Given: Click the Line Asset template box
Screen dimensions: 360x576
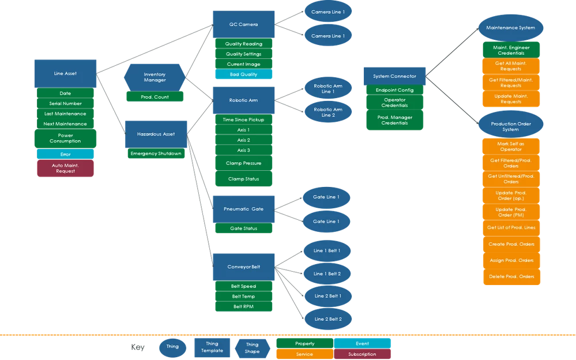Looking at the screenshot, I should click(65, 73).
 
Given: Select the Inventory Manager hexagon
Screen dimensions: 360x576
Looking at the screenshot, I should click(155, 77).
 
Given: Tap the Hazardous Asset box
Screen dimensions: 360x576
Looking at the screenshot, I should click(156, 134).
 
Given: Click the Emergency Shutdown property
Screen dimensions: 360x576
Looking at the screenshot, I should click(156, 153).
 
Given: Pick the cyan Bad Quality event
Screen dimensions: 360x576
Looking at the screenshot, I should click(244, 74).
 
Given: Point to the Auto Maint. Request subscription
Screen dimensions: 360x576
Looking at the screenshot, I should click(65, 168).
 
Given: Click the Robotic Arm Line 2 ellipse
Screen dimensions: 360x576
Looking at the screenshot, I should click(328, 112).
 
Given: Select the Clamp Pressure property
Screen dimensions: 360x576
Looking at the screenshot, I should click(244, 163).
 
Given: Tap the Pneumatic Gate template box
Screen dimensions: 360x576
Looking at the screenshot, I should click(244, 209).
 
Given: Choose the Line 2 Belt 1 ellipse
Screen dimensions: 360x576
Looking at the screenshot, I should click(327, 296).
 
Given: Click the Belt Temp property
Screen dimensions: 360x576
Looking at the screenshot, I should click(244, 297).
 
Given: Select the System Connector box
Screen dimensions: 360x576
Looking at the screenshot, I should click(394, 76).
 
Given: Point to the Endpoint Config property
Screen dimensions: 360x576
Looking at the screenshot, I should click(394, 90).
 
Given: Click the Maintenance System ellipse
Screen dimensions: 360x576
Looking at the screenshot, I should click(510, 28).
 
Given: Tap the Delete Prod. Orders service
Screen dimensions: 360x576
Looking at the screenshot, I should click(511, 277).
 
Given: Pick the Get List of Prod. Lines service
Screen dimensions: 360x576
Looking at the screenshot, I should click(511, 227).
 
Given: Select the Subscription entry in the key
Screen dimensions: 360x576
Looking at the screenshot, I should click(363, 354).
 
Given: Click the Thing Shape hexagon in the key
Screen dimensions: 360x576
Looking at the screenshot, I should click(252, 348).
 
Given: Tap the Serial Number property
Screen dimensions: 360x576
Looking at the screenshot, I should click(65, 103).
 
